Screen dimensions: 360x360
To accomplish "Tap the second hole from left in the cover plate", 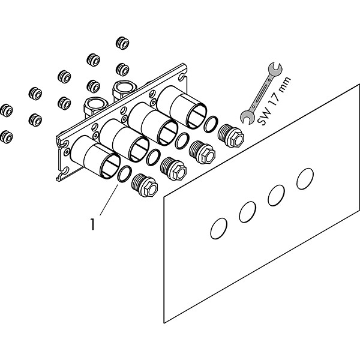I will coord(248,211).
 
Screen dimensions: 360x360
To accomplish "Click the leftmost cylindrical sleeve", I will coord(97,159).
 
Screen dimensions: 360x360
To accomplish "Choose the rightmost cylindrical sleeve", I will coord(180,108).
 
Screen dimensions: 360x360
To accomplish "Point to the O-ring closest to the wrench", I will coord(211,125).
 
